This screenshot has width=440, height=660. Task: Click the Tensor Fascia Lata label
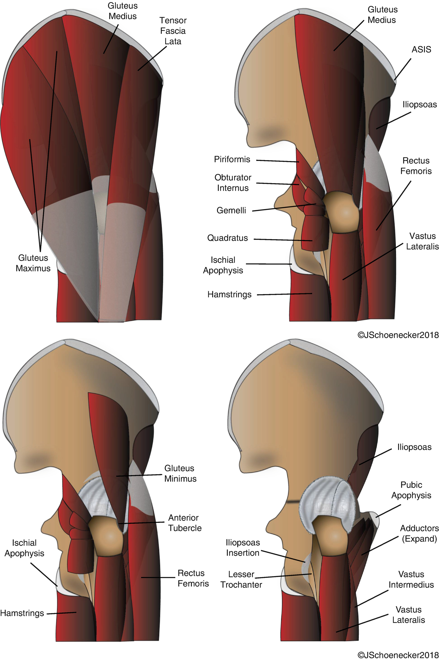point(173,31)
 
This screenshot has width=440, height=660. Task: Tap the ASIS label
point(421,49)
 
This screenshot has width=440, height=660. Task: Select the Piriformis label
point(232,159)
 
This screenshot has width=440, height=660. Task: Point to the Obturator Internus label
point(233,183)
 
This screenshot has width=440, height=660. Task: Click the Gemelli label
point(231,210)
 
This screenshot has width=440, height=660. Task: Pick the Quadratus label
point(227,238)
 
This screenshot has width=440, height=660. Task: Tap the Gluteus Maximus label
point(33,263)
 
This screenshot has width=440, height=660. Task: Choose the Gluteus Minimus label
point(180,473)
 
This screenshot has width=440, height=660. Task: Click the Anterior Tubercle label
point(185,523)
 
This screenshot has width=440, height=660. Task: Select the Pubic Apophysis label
point(411,490)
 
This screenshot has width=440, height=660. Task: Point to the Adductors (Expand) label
point(419,533)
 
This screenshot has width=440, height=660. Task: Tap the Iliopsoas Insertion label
point(243,548)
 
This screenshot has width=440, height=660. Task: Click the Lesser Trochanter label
point(241,579)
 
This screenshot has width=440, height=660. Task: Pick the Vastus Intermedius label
point(411,579)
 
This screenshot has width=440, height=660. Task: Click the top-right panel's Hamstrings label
point(229,294)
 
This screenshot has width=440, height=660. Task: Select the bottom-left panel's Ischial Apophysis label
point(24,548)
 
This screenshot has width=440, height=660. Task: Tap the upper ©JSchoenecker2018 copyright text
point(398,335)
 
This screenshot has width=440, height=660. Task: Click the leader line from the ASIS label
point(403,69)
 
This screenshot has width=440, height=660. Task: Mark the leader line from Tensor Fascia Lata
point(152,58)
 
